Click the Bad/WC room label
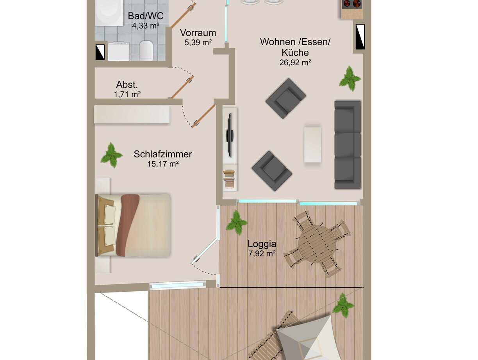coord(146,16)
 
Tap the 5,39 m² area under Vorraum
coord(198,43)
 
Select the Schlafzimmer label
coord(163,154)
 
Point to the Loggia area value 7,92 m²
coord(262,253)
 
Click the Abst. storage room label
coord(127,85)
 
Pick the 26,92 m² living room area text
coord(295,62)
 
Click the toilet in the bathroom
coord(146,50)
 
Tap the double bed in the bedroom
coord(133,225)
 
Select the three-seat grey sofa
coord(348,144)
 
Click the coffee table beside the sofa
coord(312,144)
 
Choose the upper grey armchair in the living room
coord(285,98)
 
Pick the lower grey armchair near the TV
coord(272,171)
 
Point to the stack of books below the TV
coord(229,179)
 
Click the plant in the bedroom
coord(112,155)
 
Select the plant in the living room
coord(350,78)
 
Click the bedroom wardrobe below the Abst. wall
coord(132,114)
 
